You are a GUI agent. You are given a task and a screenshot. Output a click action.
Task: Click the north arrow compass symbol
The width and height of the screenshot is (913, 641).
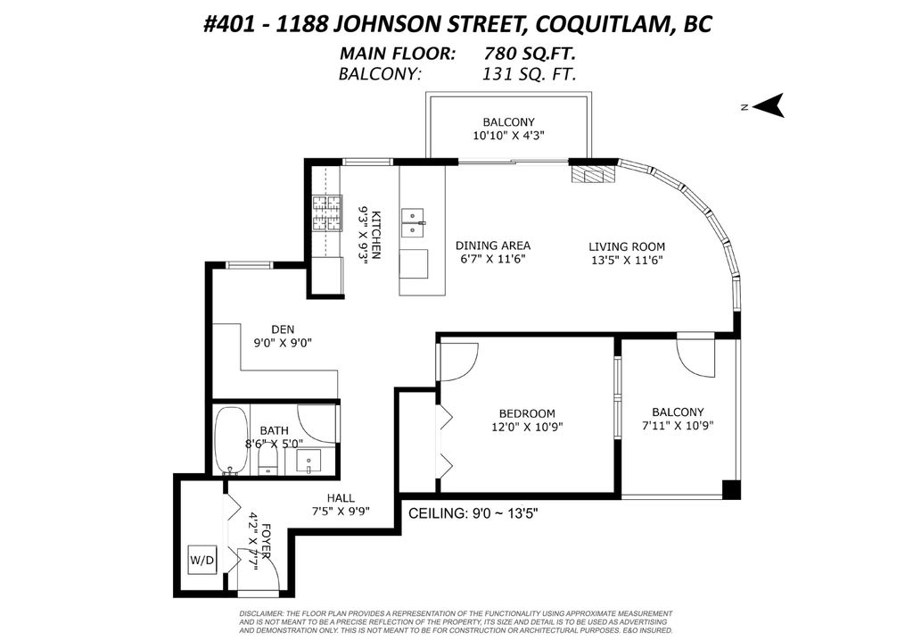click(x=769, y=105)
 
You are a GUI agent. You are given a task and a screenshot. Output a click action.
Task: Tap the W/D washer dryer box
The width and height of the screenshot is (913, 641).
click(x=202, y=561)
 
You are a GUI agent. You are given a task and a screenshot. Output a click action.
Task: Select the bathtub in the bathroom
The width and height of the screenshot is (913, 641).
click(x=232, y=440)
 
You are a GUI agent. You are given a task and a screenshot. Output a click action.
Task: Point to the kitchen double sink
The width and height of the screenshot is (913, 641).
click(x=412, y=221)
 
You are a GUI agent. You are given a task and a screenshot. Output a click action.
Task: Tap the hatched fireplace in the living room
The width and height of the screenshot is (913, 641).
click(x=593, y=172)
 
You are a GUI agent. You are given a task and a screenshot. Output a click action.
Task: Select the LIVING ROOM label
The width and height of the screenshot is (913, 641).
click(x=626, y=246)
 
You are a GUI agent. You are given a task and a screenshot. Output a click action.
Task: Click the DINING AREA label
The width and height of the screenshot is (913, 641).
click(x=492, y=246)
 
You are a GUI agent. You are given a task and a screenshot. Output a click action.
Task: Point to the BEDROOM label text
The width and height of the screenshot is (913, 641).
click(x=526, y=413)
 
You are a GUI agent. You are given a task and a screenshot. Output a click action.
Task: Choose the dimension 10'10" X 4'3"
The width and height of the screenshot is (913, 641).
click(x=508, y=136)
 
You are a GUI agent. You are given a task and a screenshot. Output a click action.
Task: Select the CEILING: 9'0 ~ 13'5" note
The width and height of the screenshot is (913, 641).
click(x=473, y=513)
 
